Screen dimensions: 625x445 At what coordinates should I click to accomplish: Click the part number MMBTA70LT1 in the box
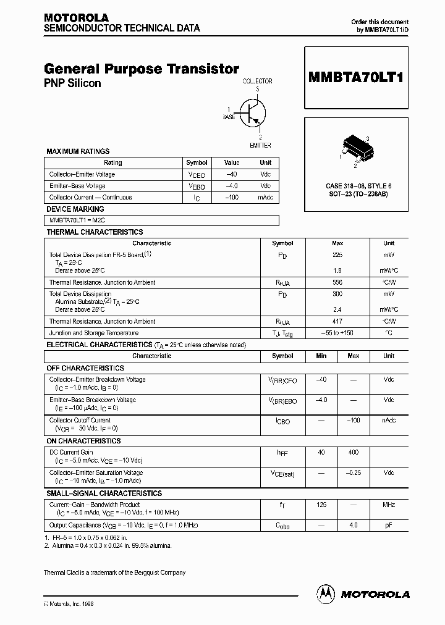click(355, 78)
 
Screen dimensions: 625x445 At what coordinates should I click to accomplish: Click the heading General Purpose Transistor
click(142, 70)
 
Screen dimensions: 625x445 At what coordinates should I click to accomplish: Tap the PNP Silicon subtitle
click(72, 83)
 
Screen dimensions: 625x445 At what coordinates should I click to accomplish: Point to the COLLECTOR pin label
click(257, 81)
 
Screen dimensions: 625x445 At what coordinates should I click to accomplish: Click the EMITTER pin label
click(260, 145)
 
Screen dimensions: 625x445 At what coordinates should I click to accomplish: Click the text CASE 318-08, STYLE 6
click(358, 186)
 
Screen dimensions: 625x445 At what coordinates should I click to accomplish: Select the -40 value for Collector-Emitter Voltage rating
click(232, 174)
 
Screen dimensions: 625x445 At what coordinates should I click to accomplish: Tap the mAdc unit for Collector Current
click(265, 198)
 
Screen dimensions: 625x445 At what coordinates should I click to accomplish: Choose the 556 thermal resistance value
click(337, 282)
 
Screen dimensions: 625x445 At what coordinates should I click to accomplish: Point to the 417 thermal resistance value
click(337, 321)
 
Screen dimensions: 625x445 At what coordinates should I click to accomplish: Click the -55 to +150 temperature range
click(337, 333)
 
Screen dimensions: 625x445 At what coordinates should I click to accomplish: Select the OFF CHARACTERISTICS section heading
click(85, 367)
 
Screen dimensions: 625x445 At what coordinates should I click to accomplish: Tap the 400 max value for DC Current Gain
click(353, 453)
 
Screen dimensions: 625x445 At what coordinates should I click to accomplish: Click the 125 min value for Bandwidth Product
click(321, 505)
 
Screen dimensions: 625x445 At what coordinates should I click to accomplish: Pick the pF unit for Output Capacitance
click(388, 525)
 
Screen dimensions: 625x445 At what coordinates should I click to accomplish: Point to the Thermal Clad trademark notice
click(114, 573)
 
